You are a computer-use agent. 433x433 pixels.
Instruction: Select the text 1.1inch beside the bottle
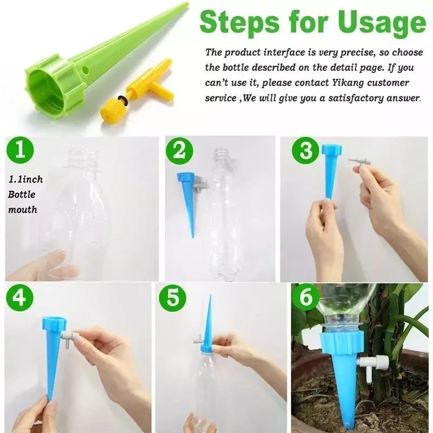click(x=25, y=179)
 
